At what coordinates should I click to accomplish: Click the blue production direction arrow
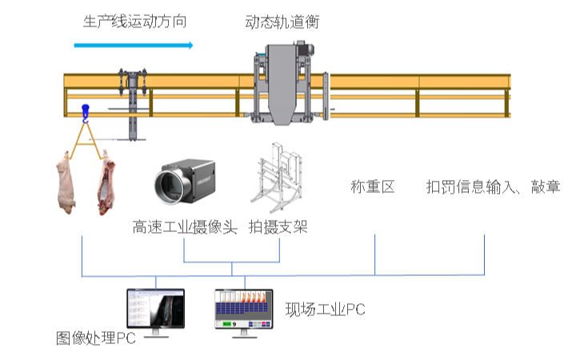[x=133, y=45]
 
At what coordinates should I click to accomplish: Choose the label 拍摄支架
[x=278, y=227]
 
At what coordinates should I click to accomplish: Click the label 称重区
[x=373, y=187]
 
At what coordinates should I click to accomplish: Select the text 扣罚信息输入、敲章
[x=493, y=187]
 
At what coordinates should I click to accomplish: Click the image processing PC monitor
[x=156, y=310]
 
